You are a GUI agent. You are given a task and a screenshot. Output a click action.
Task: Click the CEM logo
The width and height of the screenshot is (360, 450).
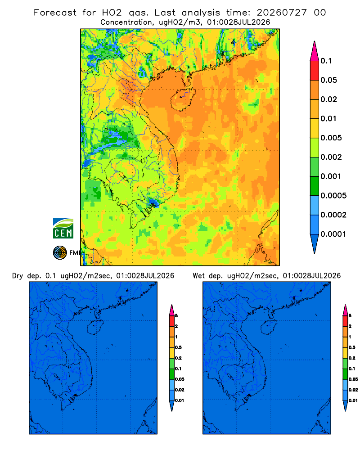[x=63, y=228]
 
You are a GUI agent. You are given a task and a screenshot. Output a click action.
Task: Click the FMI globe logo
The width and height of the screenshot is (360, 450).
[x=60, y=252]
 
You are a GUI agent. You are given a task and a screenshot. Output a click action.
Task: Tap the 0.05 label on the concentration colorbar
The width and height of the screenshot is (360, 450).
[x=328, y=80]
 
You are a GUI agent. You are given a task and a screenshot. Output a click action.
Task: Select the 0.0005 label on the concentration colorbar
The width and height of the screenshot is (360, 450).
[x=333, y=196]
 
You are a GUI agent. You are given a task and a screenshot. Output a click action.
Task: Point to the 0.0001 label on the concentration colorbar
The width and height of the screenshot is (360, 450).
[x=333, y=234]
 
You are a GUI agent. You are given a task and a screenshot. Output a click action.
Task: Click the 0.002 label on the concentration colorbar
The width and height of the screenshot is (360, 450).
[x=331, y=157]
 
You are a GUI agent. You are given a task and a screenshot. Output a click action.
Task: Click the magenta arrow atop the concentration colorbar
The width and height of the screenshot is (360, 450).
[x=315, y=51]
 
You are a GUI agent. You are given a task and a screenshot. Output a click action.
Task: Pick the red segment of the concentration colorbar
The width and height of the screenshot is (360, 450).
[x=315, y=71]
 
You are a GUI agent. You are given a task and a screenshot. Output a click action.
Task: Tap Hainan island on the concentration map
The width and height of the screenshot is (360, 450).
[x=183, y=99]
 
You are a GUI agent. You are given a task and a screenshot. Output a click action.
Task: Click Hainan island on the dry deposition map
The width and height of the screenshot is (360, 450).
[x=95, y=328]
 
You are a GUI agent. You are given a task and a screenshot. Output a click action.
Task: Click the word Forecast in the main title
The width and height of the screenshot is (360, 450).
[x=55, y=13]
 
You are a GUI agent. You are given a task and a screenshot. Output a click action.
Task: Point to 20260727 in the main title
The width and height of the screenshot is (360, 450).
[x=282, y=13]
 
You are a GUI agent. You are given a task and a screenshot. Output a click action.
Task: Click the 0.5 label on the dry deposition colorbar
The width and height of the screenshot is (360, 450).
[x=178, y=347]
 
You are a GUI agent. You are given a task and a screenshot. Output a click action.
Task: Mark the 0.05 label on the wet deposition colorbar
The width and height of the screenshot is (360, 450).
[x=353, y=379]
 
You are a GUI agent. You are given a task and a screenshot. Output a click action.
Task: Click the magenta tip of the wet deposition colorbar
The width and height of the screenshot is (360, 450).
[x=345, y=310]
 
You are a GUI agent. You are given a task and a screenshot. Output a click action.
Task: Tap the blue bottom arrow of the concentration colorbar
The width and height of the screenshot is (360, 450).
[x=315, y=243]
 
